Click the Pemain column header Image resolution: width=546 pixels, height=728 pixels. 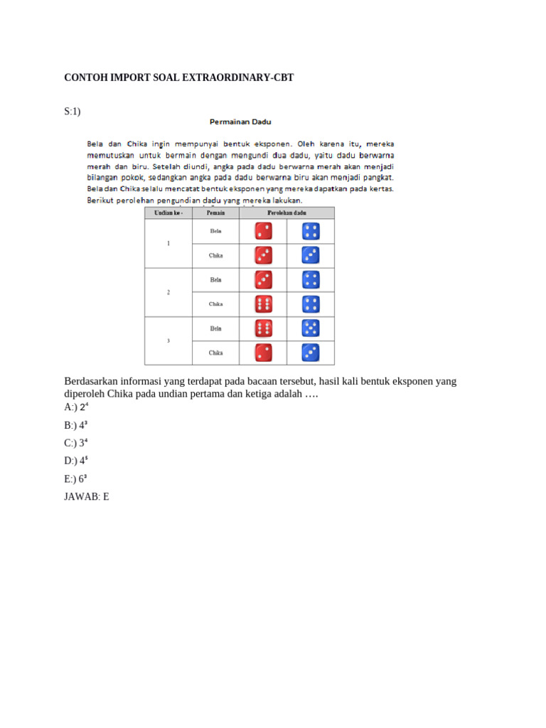tap(215, 213)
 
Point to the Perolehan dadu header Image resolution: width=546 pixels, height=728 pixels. tap(287, 213)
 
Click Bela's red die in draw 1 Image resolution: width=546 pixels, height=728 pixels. tap(263, 231)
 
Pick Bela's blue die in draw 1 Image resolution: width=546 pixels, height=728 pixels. tap(311, 231)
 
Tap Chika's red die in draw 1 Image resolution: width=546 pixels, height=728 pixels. tap(263, 255)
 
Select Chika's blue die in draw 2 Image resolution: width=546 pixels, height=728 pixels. tap(311, 304)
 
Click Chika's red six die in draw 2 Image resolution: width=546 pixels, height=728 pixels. tap(263, 304)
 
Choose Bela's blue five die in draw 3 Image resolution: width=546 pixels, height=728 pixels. tap(311, 328)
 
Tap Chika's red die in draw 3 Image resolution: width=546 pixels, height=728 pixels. tap(263, 352)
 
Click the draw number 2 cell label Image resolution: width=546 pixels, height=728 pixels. tap(168, 292)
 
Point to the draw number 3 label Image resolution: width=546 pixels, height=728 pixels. tap(168, 341)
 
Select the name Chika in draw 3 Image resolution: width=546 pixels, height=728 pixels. tap(215, 353)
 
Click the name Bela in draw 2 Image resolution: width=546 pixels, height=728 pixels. tap(215, 280)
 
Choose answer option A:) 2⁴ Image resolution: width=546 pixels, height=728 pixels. tap(76, 408)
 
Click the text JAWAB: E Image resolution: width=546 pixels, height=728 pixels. tap(87, 497)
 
